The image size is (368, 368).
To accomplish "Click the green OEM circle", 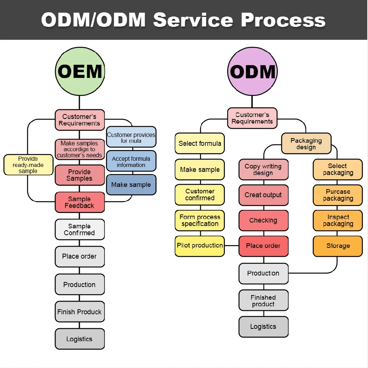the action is pyautogui.click(x=80, y=71).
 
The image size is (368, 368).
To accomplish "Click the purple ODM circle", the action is pyautogui.click(x=252, y=71).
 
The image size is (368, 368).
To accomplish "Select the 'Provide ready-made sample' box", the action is pyautogui.click(x=28, y=165).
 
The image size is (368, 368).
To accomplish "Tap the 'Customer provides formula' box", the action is pyautogui.click(x=131, y=137).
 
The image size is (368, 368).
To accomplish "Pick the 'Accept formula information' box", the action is pyautogui.click(x=131, y=161).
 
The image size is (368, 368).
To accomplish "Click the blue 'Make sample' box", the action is pyautogui.click(x=131, y=185).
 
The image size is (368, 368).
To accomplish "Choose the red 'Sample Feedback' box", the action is pyautogui.click(x=80, y=202).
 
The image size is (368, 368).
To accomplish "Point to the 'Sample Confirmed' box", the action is pyautogui.click(x=80, y=229).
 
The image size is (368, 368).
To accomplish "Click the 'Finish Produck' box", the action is pyautogui.click(x=80, y=312).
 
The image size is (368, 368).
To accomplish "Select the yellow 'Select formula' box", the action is pyautogui.click(x=200, y=144).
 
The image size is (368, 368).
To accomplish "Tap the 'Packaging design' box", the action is pyautogui.click(x=306, y=144).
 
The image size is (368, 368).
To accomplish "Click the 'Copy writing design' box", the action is pyautogui.click(x=264, y=170).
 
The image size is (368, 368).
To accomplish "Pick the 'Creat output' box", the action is pyautogui.click(x=264, y=195).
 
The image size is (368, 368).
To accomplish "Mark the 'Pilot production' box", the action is pyautogui.click(x=200, y=246).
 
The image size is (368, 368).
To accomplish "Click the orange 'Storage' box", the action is pyautogui.click(x=338, y=246).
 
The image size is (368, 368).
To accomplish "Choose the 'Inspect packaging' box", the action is pyautogui.click(x=338, y=220).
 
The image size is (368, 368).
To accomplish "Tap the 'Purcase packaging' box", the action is pyautogui.click(x=338, y=195).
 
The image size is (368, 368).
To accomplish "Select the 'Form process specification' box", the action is pyautogui.click(x=200, y=220).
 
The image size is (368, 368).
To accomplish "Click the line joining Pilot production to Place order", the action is pyautogui.click(x=232, y=246).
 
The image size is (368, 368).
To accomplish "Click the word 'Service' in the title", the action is pyautogui.click(x=193, y=20).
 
